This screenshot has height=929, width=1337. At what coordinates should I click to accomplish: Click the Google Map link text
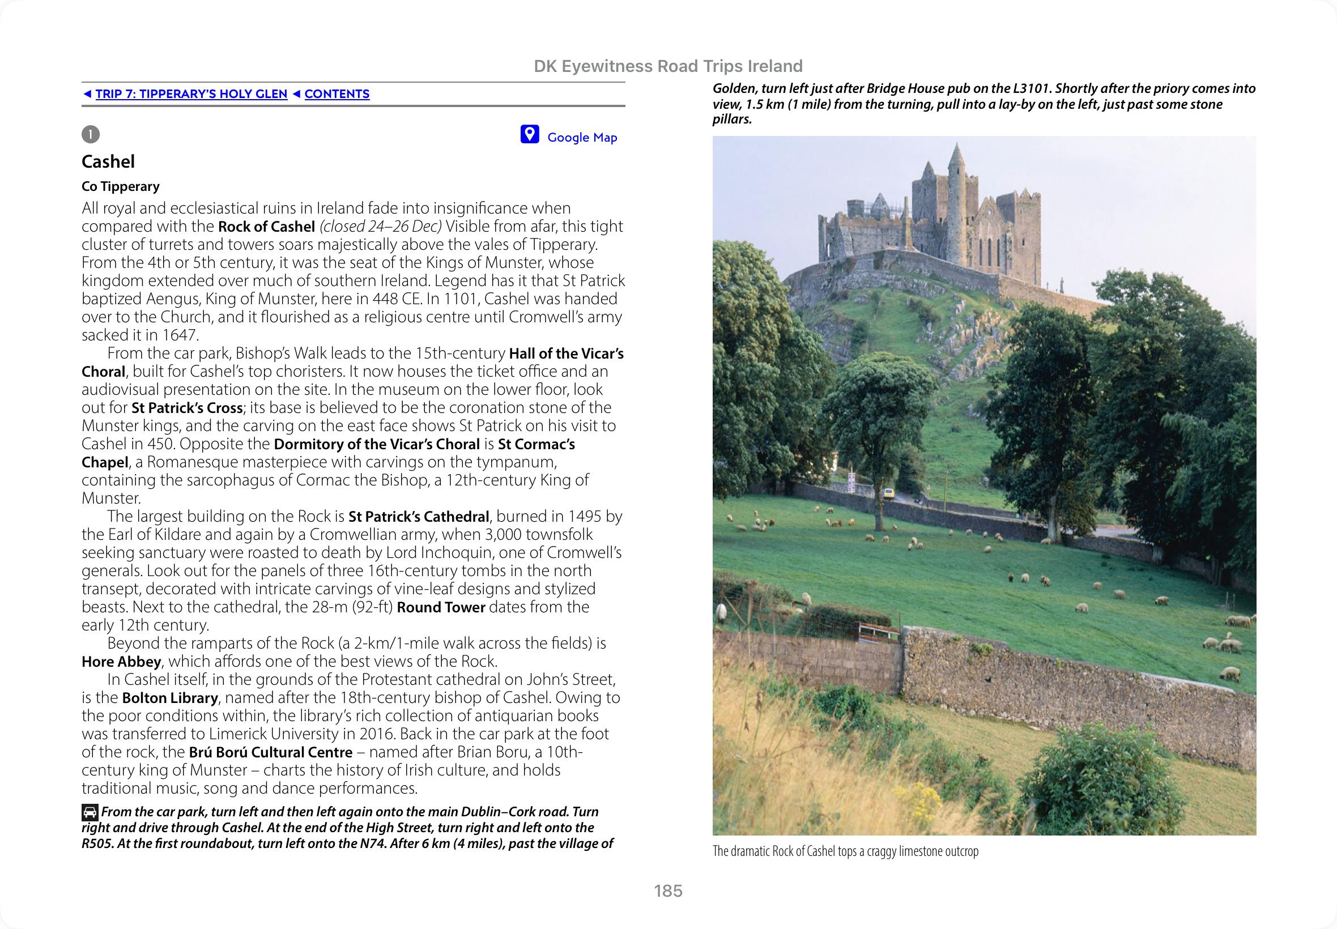pos(581,138)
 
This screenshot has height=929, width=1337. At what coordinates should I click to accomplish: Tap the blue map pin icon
pos(529,134)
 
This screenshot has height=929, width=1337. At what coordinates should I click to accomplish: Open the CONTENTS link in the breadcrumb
pos(337,94)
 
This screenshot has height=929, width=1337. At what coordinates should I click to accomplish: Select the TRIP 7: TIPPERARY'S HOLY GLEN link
pos(191,94)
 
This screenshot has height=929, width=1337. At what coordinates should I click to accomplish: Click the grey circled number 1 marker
pos(91,134)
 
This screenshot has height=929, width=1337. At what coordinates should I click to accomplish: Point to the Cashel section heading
pos(108,161)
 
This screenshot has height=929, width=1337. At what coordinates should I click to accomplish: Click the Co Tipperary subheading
pos(121,186)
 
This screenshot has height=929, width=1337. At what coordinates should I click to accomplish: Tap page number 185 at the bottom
pos(667,890)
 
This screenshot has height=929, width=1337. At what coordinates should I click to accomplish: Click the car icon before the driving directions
pos(90,812)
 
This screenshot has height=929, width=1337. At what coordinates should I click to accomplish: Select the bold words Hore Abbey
pos(121,661)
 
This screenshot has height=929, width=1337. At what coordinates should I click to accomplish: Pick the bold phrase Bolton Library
pos(170,697)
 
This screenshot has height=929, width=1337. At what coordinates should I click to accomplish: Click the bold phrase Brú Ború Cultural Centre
pos(271,752)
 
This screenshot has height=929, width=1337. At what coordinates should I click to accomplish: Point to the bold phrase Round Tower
pos(441,607)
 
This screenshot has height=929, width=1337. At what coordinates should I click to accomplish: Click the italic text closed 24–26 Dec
pos(381,226)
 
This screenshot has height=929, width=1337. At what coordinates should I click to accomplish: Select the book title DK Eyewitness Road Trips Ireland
pos(668,66)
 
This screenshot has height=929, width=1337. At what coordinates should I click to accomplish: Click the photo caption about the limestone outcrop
pos(845,851)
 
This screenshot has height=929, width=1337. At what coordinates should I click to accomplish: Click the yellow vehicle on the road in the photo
pos(889,493)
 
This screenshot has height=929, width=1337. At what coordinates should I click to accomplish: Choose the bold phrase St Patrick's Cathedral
pos(419,516)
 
